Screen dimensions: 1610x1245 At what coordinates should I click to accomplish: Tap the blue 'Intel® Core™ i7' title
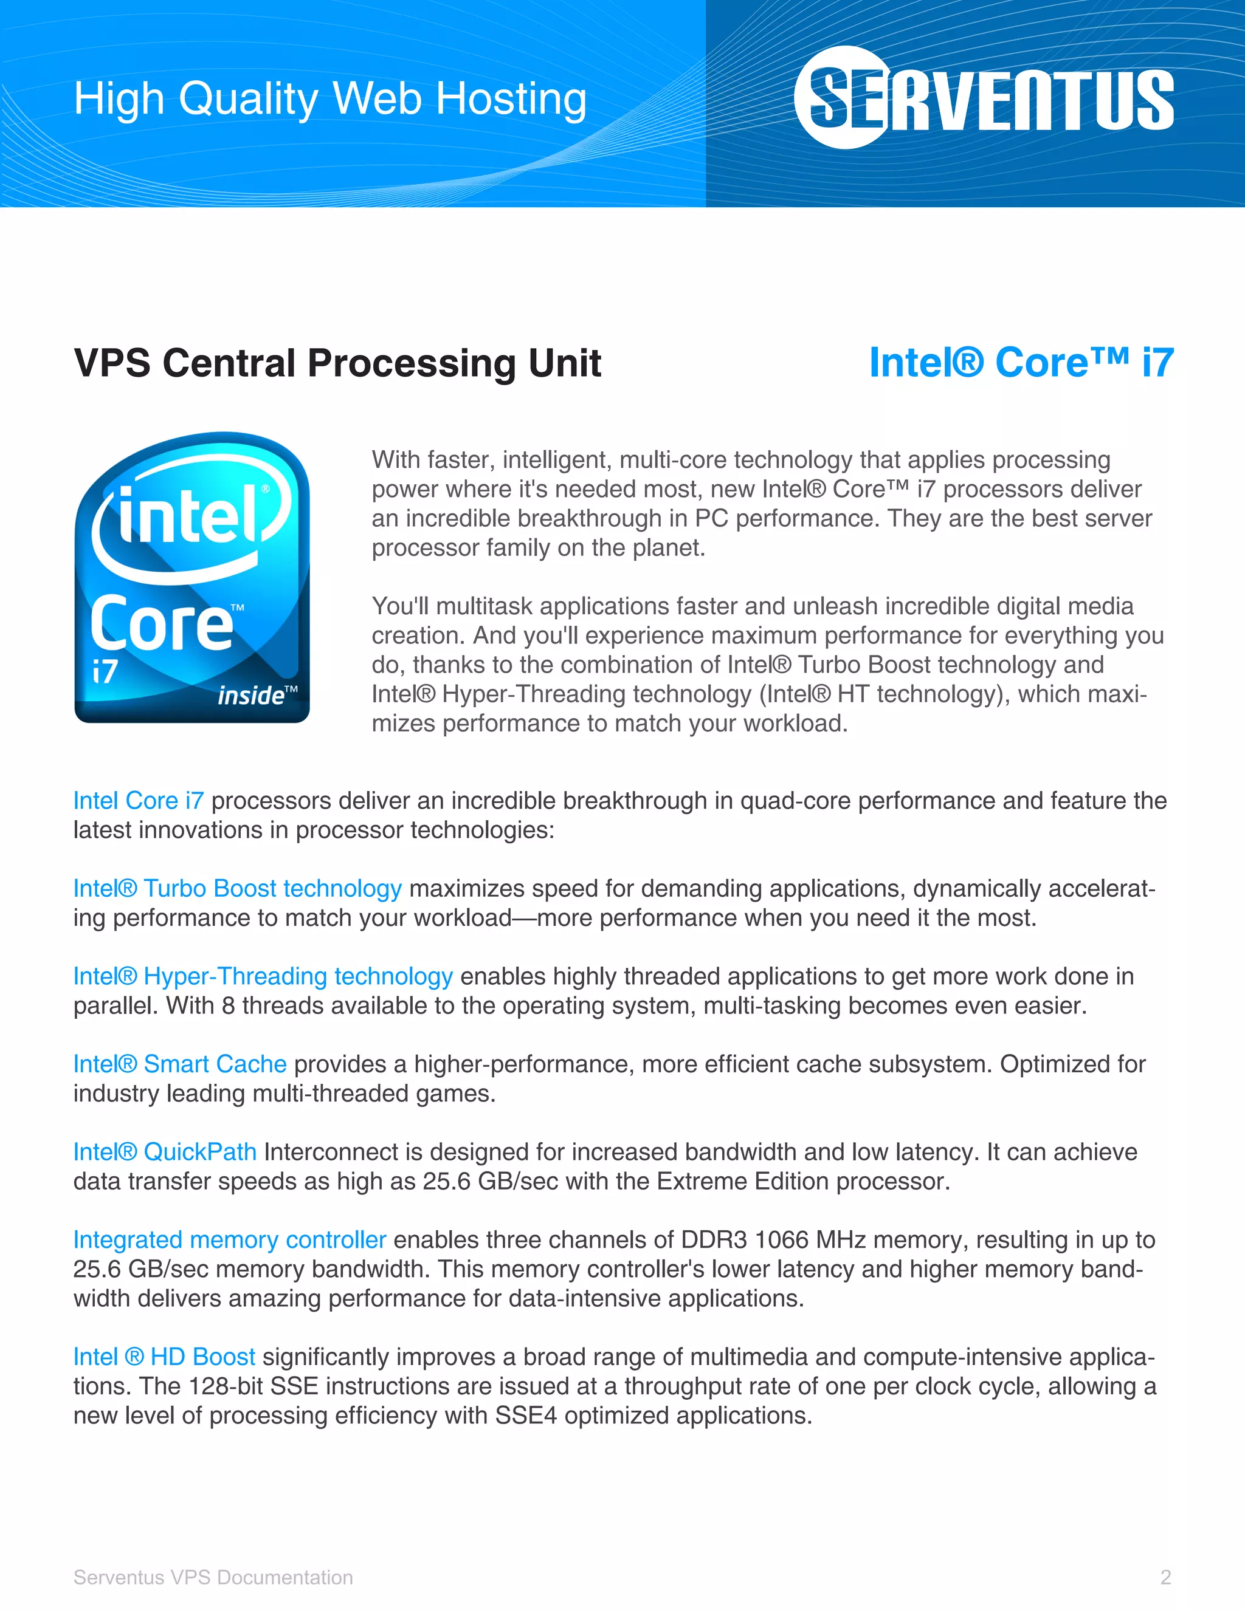coord(1021,363)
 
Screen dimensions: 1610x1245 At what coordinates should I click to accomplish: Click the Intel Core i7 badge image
coord(191,577)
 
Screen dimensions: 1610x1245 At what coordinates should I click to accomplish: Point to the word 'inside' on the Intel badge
coord(251,695)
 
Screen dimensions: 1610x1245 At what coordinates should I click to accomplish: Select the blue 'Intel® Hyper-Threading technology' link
coord(263,976)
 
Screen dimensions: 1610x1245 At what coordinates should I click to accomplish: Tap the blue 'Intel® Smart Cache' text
coord(179,1064)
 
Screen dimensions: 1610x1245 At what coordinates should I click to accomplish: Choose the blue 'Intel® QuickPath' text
coord(165,1151)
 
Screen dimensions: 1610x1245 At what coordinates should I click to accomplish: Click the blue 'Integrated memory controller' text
coord(229,1239)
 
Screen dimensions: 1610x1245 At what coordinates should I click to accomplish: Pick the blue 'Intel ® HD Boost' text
coord(164,1357)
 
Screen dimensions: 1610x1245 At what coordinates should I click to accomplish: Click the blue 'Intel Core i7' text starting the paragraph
coord(138,801)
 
